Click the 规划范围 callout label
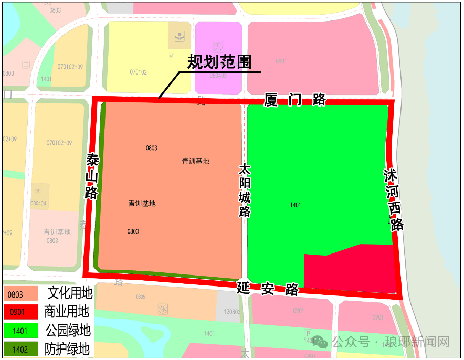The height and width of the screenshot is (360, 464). (219, 62)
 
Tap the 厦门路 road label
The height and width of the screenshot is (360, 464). (295, 100)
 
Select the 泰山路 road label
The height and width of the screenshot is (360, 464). (92, 176)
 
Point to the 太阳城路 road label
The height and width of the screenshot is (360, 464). (245, 190)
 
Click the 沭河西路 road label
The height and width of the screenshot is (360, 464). (393, 199)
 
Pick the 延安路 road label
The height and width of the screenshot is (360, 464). (268, 288)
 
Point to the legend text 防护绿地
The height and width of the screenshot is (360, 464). (67, 349)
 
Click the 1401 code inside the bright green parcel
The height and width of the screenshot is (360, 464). (296, 205)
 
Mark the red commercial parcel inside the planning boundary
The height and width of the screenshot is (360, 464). (352, 269)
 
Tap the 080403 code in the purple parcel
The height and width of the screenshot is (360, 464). (218, 76)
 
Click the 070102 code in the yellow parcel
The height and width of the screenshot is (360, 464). (138, 72)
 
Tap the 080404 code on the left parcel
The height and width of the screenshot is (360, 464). (38, 203)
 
